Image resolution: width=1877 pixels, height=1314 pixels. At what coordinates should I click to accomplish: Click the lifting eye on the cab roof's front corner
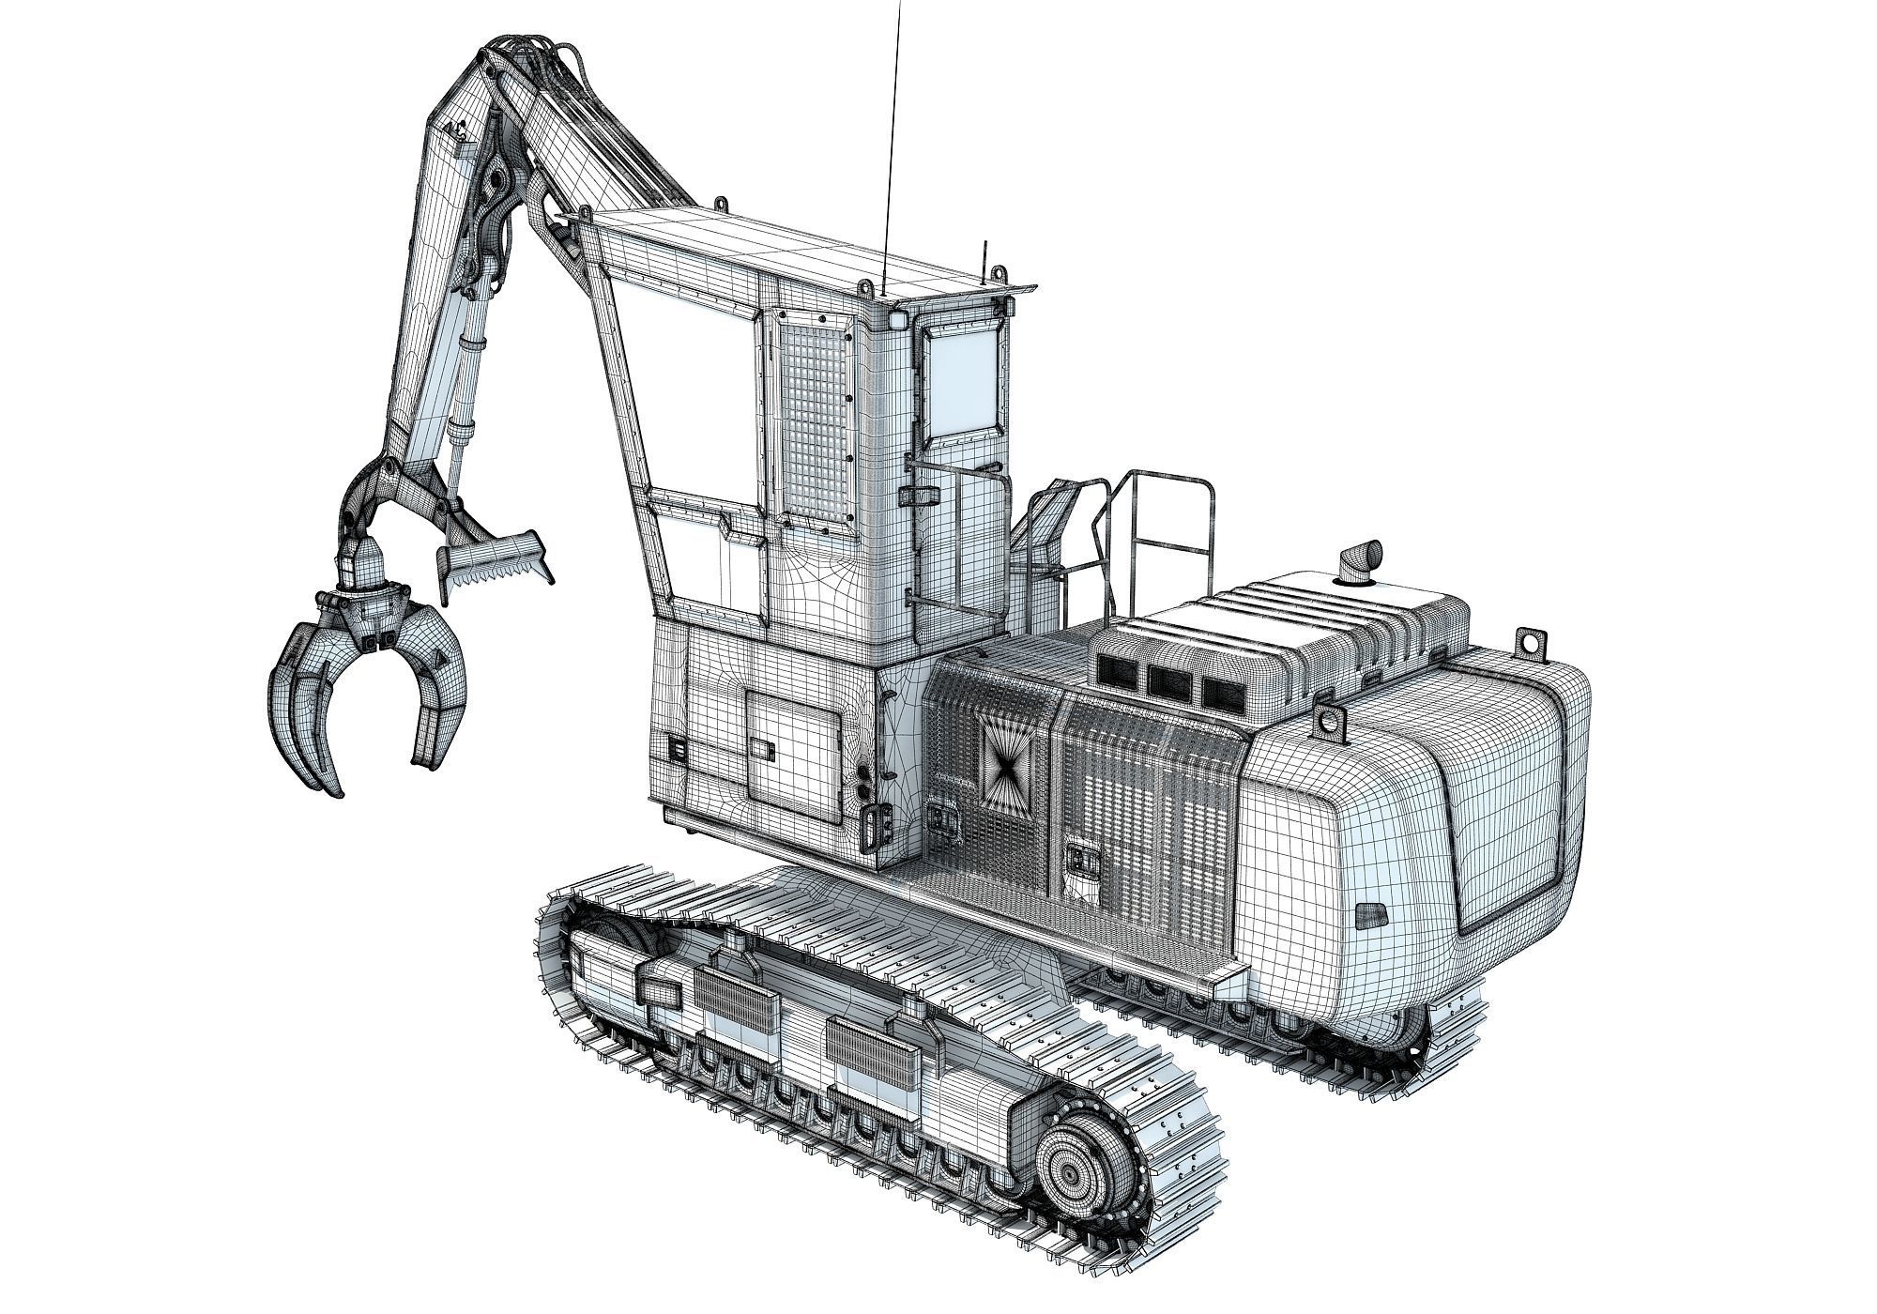coord(720,204)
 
